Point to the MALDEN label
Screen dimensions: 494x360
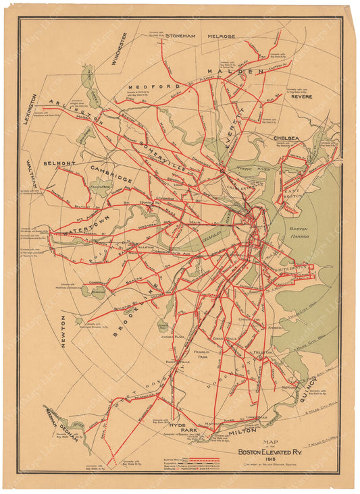coord(234,71)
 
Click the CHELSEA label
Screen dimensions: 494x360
coord(286,138)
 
